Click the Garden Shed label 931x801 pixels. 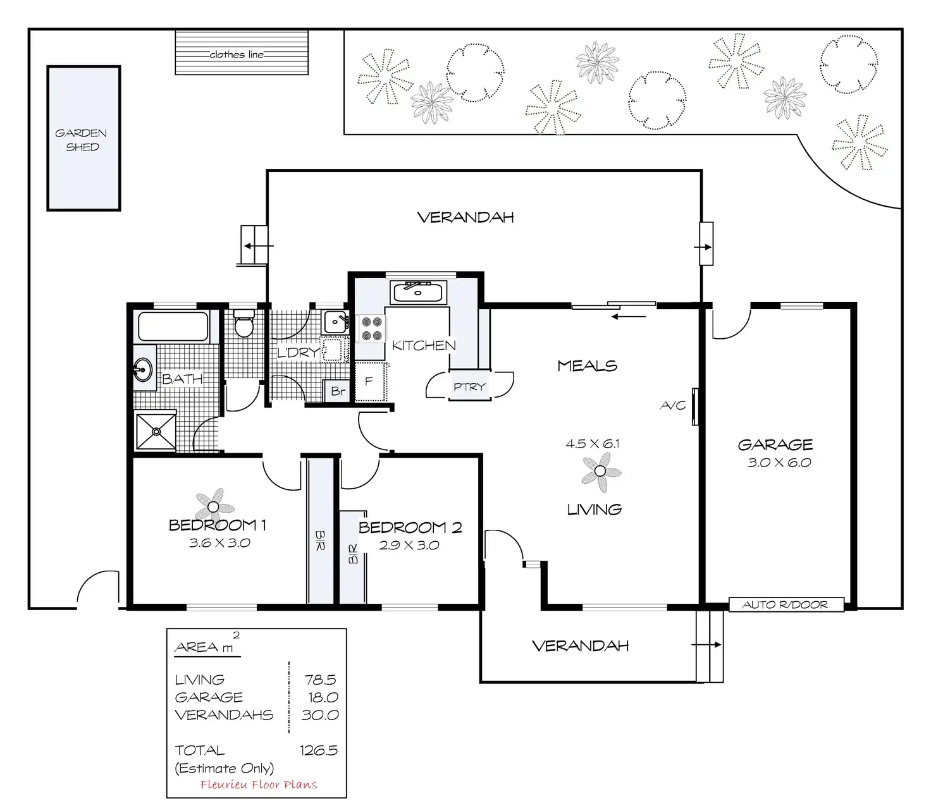tap(81, 140)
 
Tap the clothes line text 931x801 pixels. tap(237, 54)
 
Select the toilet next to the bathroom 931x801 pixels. tap(244, 322)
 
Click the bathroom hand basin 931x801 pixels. tap(143, 369)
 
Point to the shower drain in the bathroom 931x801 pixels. tap(156, 432)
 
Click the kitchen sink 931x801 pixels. tap(418, 292)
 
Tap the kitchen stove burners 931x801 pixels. tap(372, 329)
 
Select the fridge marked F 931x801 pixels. tap(370, 381)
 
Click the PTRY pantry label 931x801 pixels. tap(469, 386)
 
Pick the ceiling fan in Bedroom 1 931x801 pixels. tap(214, 506)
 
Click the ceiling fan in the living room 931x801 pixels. tap(600, 472)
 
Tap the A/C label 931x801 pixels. tap(673, 406)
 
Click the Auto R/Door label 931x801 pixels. tap(785, 604)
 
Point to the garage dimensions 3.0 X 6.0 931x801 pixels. tap(779, 462)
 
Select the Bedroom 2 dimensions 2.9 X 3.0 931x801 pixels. tap(409, 545)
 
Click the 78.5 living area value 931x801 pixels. tap(320, 680)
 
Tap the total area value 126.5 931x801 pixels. tap(319, 750)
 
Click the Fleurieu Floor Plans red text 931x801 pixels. tap(259, 785)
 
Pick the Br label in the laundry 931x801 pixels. tap(338, 391)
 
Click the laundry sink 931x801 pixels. tap(336, 322)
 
